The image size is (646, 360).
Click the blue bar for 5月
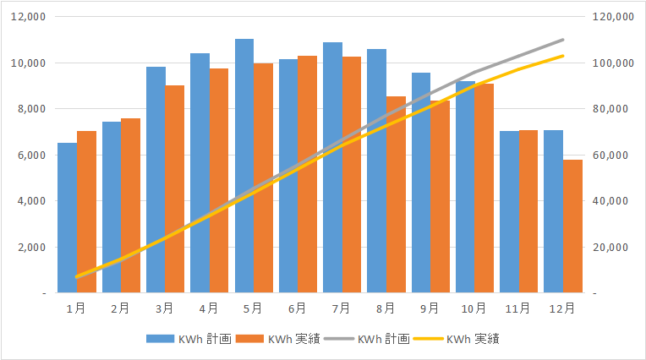click(x=244, y=166)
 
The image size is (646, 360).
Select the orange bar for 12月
click(x=572, y=226)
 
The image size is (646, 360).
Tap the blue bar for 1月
click(x=67, y=218)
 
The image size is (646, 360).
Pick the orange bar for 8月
click(x=396, y=194)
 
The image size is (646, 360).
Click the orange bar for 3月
click(x=175, y=189)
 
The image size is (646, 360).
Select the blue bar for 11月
click(x=509, y=212)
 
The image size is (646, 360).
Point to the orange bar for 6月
click(x=307, y=174)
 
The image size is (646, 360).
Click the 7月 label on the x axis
click(x=341, y=308)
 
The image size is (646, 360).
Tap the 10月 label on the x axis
click(x=474, y=308)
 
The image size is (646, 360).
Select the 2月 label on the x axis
click(x=120, y=308)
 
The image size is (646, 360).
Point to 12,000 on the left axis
click(x=29, y=16)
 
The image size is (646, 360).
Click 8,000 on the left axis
click(x=31, y=109)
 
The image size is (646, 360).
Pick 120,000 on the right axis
click(x=613, y=16)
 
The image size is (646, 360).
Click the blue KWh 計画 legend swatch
click(x=161, y=339)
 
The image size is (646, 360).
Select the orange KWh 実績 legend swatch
click(x=249, y=339)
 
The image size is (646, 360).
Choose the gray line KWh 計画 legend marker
click(x=339, y=339)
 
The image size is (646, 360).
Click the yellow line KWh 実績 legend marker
click(x=428, y=339)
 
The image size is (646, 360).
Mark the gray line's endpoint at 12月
click(x=563, y=40)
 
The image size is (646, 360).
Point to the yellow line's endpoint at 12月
click(x=563, y=56)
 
